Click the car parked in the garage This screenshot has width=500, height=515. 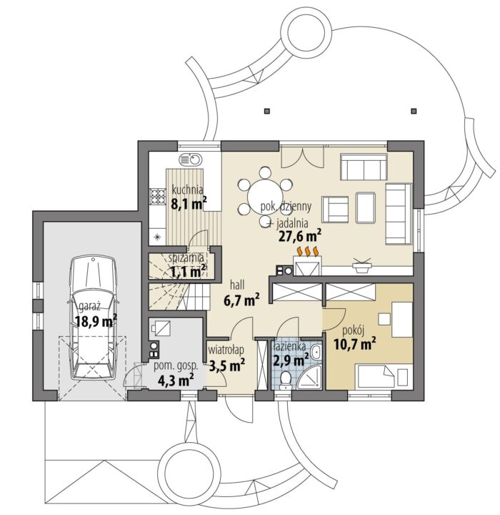[x=94, y=318]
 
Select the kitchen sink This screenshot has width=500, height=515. [x=191, y=160]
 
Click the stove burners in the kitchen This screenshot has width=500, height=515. [x=158, y=197]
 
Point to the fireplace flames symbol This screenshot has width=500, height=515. [x=308, y=250]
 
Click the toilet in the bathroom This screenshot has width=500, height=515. [x=286, y=381]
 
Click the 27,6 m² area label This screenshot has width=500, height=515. [x=299, y=236]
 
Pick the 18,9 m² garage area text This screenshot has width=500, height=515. [x=96, y=321]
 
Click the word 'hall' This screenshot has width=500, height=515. [x=237, y=285]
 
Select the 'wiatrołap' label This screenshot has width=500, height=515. [x=226, y=350]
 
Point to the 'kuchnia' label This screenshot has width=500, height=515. [x=187, y=190]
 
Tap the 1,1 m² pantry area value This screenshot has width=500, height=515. [x=188, y=271]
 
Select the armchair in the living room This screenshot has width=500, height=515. [x=335, y=209]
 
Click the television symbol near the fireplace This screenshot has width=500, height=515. [x=362, y=265]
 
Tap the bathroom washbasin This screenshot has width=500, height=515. [x=316, y=353]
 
